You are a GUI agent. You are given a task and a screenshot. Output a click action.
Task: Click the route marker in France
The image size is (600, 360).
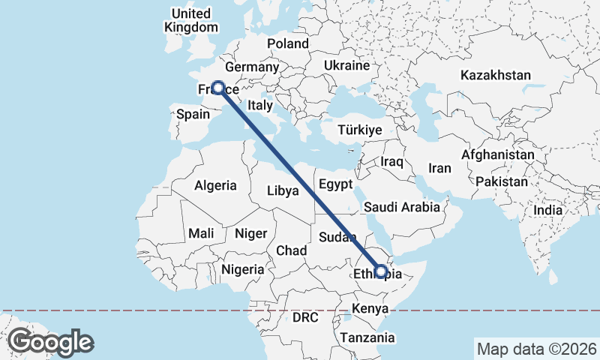[x=218, y=88]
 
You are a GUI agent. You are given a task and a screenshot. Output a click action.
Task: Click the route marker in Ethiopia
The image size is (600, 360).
[x=381, y=271]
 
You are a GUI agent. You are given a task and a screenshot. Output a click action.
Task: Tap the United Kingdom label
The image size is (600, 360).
[x=190, y=21]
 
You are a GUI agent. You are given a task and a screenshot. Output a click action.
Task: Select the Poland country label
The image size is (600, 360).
[x=287, y=44]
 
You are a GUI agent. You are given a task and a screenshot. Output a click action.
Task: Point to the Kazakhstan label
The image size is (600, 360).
[x=496, y=76]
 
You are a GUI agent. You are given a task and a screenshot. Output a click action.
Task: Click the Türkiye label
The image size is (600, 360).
[x=360, y=130]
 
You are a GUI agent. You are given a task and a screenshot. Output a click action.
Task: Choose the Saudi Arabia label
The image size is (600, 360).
[x=401, y=207]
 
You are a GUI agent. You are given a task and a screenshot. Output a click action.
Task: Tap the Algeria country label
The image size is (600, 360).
[x=215, y=185]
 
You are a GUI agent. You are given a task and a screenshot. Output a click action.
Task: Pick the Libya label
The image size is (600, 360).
[x=283, y=190]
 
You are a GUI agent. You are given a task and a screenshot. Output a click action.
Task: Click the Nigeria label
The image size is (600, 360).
[x=242, y=269]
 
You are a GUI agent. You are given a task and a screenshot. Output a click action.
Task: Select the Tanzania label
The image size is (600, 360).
[x=367, y=338]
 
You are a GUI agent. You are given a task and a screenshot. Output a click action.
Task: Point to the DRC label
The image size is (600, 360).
[x=305, y=318]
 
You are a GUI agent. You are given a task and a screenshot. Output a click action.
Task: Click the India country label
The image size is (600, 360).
[x=547, y=211]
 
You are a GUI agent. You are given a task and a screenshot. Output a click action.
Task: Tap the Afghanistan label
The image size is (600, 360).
[x=498, y=155]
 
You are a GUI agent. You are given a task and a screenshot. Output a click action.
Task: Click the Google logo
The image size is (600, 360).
[x=50, y=342]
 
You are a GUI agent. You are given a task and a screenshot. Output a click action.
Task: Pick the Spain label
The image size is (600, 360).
[x=193, y=115]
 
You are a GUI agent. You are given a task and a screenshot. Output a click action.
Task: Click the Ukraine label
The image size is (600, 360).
[x=346, y=66]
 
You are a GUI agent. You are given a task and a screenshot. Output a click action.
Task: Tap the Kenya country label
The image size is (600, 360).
[x=370, y=308]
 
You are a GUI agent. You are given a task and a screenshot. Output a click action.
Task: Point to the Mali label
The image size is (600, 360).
[x=201, y=233]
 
